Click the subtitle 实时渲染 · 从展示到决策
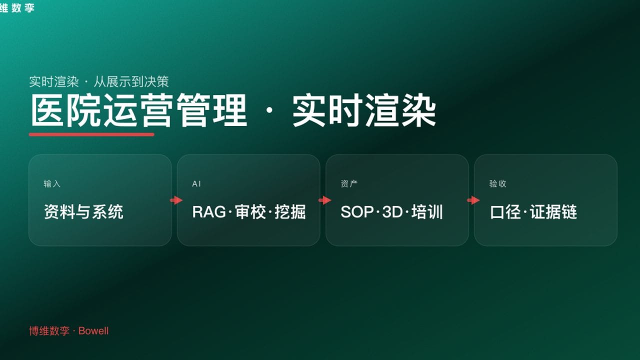[x=99, y=81]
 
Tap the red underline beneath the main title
[x=91, y=134]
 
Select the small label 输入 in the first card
[x=52, y=184]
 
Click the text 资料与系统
[x=83, y=212]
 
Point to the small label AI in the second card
[x=196, y=184]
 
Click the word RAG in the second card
[x=209, y=212]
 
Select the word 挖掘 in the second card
[x=290, y=212]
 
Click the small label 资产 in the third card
[x=349, y=184]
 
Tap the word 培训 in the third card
[x=427, y=212]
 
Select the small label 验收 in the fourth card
[x=497, y=184]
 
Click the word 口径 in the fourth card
[x=506, y=212]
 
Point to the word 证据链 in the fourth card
[x=553, y=212]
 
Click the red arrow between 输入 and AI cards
[x=176, y=200]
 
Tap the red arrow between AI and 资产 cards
[x=324, y=200]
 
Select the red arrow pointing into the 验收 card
[x=473, y=200]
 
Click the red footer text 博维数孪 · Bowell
[x=68, y=331]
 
